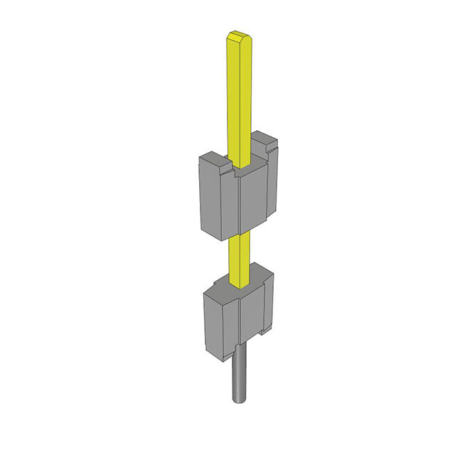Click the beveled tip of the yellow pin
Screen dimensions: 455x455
(237, 36)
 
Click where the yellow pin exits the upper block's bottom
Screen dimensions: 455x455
(240, 234)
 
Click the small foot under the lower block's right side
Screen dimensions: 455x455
(266, 331)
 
